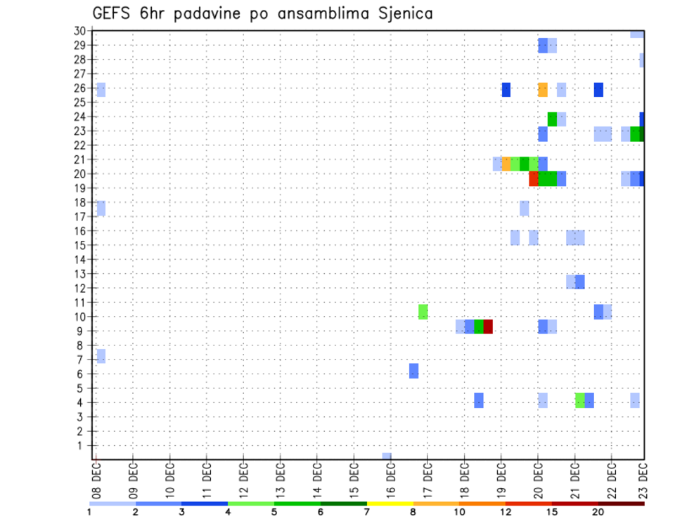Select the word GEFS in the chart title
[x=114, y=13]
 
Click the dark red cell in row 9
[x=488, y=327]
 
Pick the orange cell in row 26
[x=542, y=89]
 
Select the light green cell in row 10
[x=423, y=312]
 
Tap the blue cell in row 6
[x=414, y=371]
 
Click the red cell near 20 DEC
[x=534, y=179]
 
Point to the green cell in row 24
[x=552, y=119]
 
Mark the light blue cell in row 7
[x=101, y=356]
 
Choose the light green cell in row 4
[x=579, y=400]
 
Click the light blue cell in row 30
[x=637, y=34]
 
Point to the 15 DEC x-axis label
[x=354, y=480]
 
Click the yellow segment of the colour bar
[x=390, y=503]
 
